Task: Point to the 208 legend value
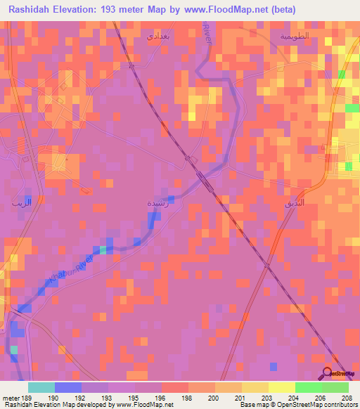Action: click(349, 397)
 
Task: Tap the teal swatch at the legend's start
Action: click(41, 387)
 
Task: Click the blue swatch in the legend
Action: click(68, 387)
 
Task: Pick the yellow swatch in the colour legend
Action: click(281, 387)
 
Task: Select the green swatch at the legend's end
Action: click(335, 387)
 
